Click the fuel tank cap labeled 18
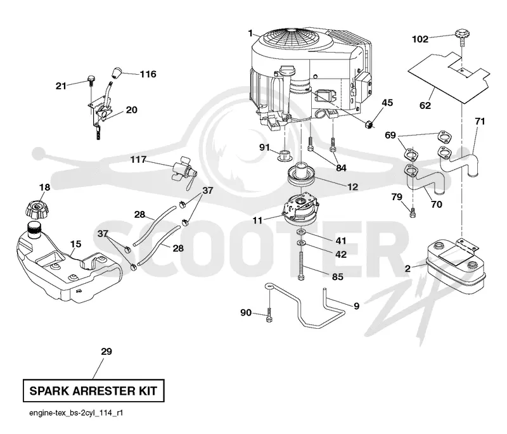click(37, 208)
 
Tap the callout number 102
click(420, 39)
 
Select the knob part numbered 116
click(117, 72)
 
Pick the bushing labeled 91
click(285, 155)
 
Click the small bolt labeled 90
click(269, 315)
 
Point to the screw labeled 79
click(413, 213)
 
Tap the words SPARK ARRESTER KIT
click(93, 391)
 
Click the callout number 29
click(106, 351)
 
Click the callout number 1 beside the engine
click(250, 34)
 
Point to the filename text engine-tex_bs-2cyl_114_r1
click(76, 413)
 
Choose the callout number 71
click(480, 122)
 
